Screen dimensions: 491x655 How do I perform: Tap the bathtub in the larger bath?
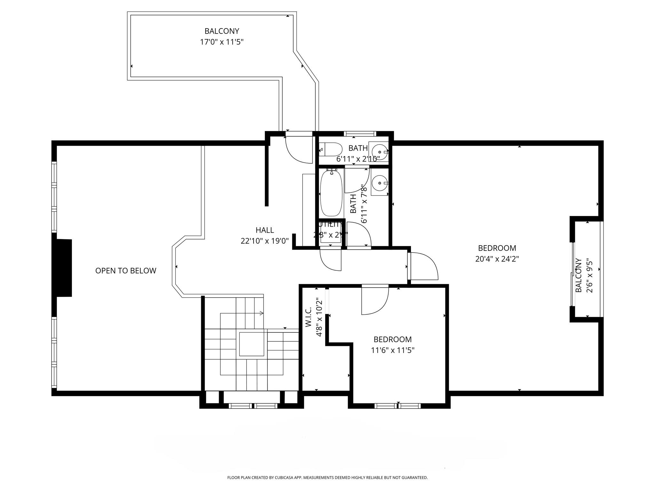[x=331, y=194]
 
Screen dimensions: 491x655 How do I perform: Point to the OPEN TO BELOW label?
[x=126, y=271]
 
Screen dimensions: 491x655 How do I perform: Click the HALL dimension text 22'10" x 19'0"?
[x=264, y=241]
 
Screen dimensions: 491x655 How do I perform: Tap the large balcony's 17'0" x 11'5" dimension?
[x=222, y=42]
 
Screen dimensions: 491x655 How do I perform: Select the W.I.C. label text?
[x=308, y=317]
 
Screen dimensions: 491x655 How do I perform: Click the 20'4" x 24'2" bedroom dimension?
[x=497, y=259]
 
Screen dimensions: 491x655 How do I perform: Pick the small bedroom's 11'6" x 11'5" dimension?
[x=392, y=350]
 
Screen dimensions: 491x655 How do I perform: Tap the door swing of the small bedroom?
[x=375, y=300]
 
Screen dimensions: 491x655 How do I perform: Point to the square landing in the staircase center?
[x=252, y=344]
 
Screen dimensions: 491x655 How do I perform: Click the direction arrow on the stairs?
[x=261, y=313]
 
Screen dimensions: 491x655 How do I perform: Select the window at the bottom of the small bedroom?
[x=397, y=406]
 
